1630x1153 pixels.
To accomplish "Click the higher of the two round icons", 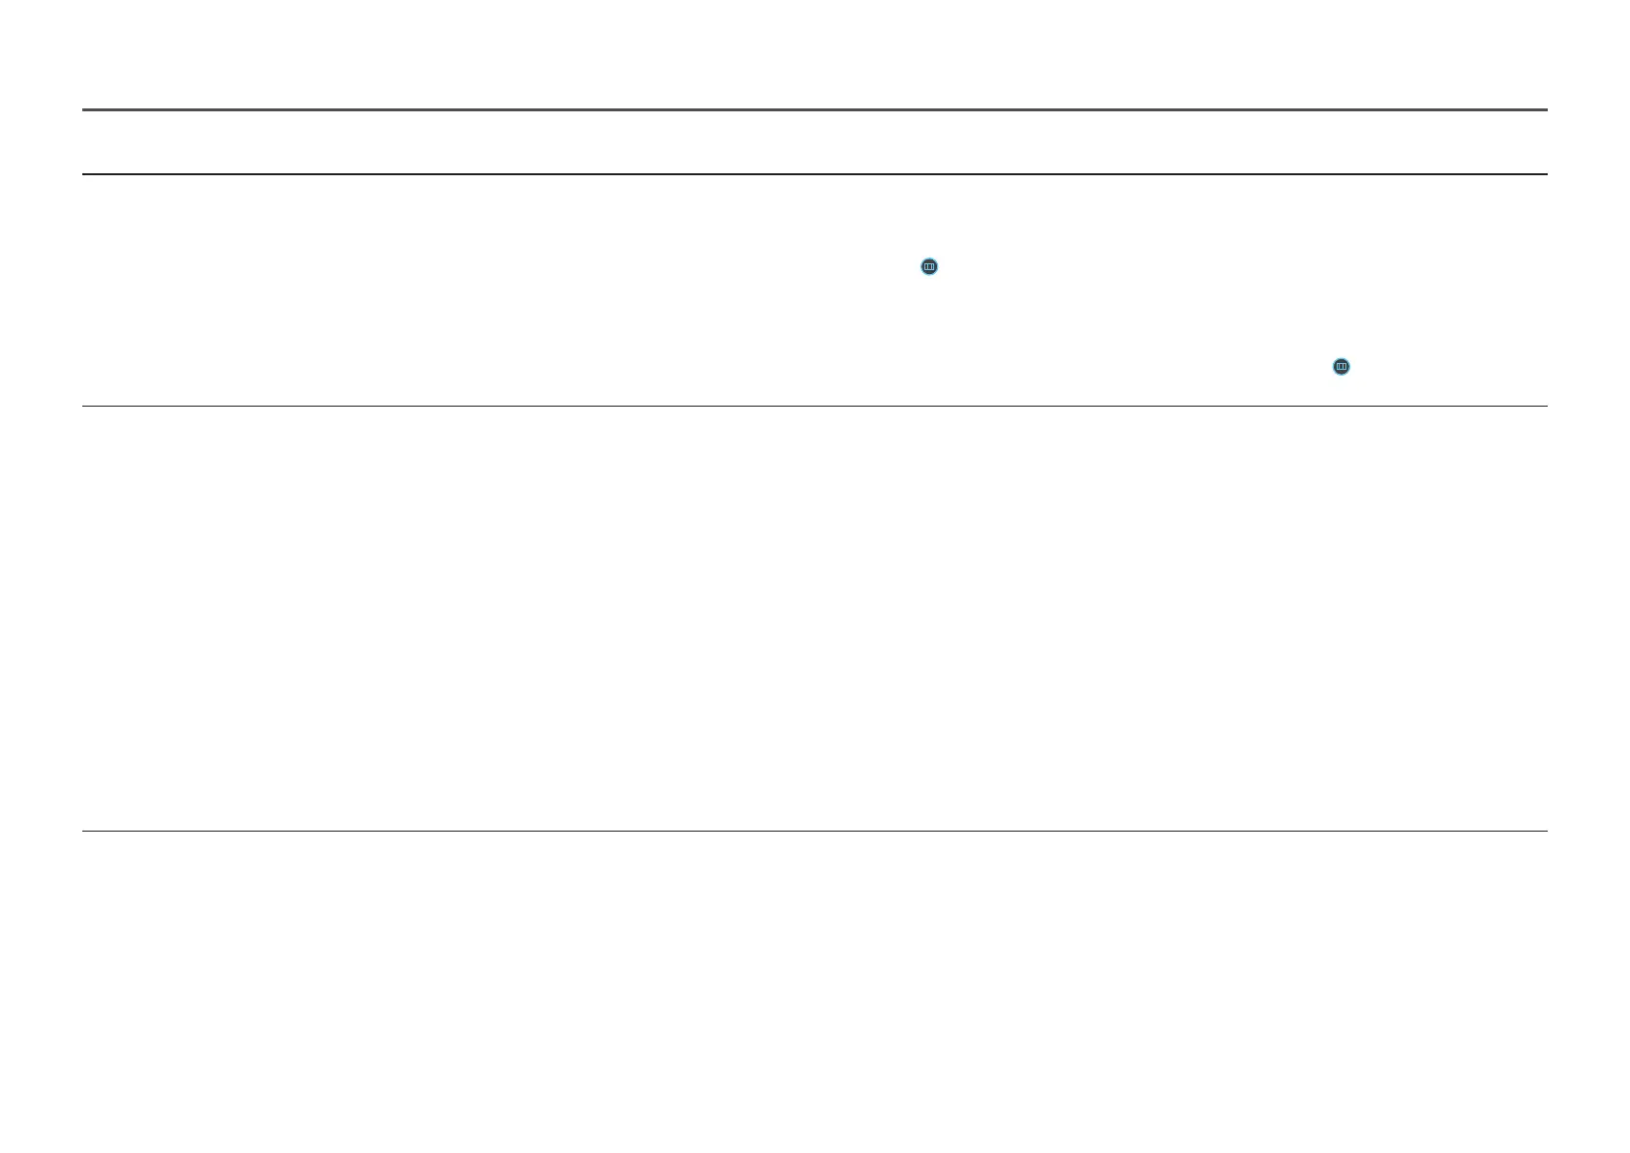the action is (929, 266).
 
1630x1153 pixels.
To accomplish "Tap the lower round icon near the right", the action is (1341, 367).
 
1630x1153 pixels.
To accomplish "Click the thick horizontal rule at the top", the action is (814, 110).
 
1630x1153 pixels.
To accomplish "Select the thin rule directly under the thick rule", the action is (814, 174).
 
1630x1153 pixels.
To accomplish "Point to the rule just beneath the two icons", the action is (814, 406).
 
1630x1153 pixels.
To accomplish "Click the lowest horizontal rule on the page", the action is (814, 831).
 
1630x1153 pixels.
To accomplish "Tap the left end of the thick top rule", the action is (85, 110).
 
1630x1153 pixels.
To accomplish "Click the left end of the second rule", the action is (85, 174).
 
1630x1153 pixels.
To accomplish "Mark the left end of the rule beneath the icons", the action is (85, 406).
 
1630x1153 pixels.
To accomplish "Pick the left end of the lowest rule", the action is (85, 831).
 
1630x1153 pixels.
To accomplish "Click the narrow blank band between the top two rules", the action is (814, 142).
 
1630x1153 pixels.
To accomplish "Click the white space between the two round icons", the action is (1132, 317).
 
